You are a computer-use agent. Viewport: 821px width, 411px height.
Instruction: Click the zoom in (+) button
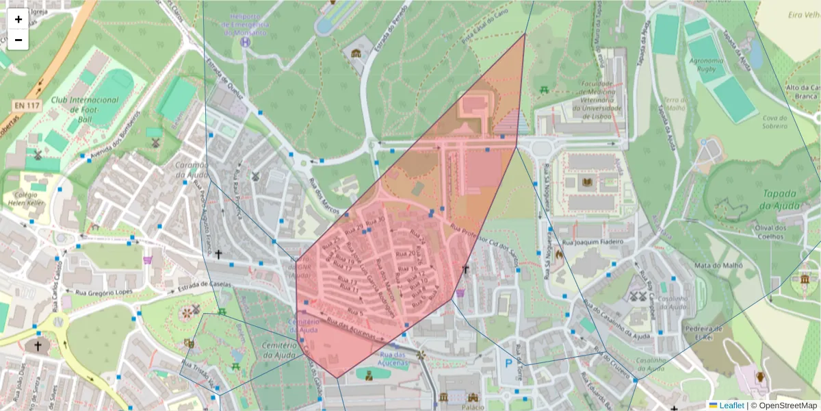pyautogui.click(x=18, y=19)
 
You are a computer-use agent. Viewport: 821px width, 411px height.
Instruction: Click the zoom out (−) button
pyautogui.click(x=18, y=40)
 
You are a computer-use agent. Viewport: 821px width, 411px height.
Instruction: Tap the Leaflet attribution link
pyautogui.click(x=731, y=406)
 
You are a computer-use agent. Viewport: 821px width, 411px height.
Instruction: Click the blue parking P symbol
pyautogui.click(x=508, y=364)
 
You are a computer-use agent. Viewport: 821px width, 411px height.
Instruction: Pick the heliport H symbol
pyautogui.click(x=246, y=42)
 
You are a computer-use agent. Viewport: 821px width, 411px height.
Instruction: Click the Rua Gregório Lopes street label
pyautogui.click(x=102, y=295)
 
